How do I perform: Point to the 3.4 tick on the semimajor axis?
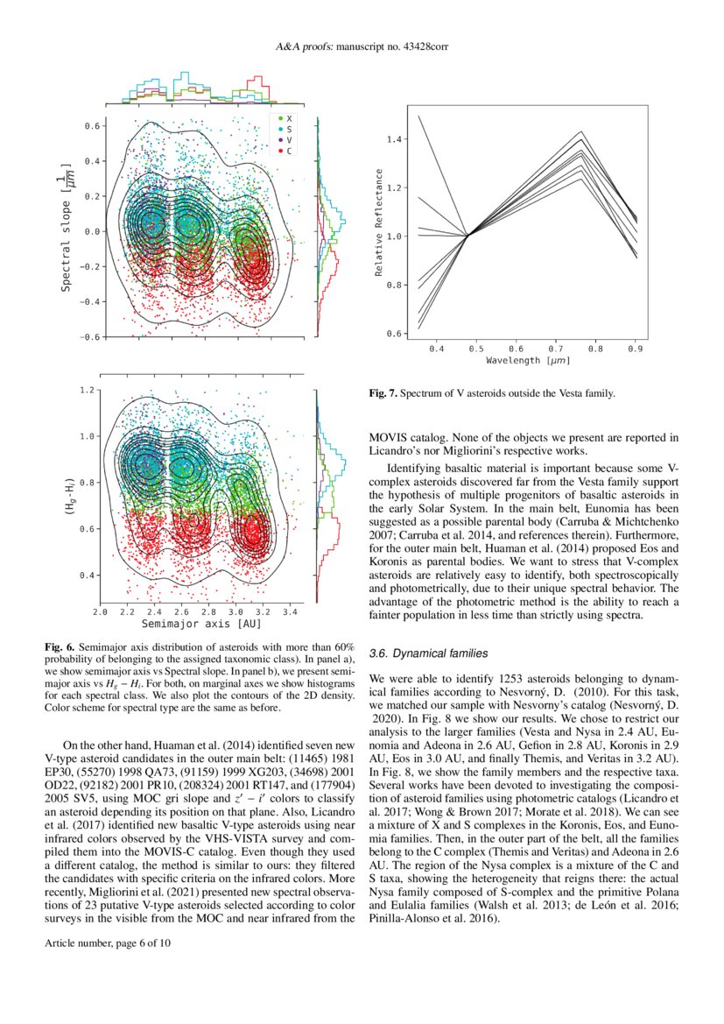point(292,612)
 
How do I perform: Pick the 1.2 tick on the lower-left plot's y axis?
point(86,389)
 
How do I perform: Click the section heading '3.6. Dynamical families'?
point(430,653)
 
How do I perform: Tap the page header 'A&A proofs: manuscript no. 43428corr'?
point(362,46)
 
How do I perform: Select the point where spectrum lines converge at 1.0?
point(468,236)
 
